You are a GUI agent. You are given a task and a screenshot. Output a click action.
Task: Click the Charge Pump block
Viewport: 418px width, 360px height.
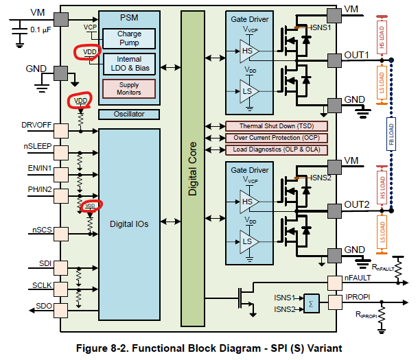tap(129, 38)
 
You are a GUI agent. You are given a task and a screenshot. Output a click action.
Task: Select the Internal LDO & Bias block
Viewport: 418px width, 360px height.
tap(129, 64)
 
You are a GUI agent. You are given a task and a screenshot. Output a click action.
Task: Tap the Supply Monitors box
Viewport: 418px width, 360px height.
tap(129, 88)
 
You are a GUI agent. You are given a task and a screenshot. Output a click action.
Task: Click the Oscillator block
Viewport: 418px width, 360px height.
tap(129, 114)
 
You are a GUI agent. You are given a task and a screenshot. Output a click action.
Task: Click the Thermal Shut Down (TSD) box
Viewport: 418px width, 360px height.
tap(277, 126)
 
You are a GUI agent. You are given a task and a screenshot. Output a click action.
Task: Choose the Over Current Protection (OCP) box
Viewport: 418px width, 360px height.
tap(277, 138)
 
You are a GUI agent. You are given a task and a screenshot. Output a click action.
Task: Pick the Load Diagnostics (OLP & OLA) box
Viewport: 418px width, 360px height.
tap(277, 149)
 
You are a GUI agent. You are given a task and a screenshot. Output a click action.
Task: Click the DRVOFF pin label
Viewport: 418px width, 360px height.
tap(36, 125)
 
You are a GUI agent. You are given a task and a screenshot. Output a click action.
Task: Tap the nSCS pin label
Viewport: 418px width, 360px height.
tap(43, 230)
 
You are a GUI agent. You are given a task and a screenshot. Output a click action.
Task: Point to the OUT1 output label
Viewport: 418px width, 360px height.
tap(357, 54)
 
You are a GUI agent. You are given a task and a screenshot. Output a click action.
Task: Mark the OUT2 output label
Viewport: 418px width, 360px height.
tap(357, 204)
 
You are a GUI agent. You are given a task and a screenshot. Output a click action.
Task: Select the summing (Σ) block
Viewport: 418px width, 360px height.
tap(312, 303)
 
